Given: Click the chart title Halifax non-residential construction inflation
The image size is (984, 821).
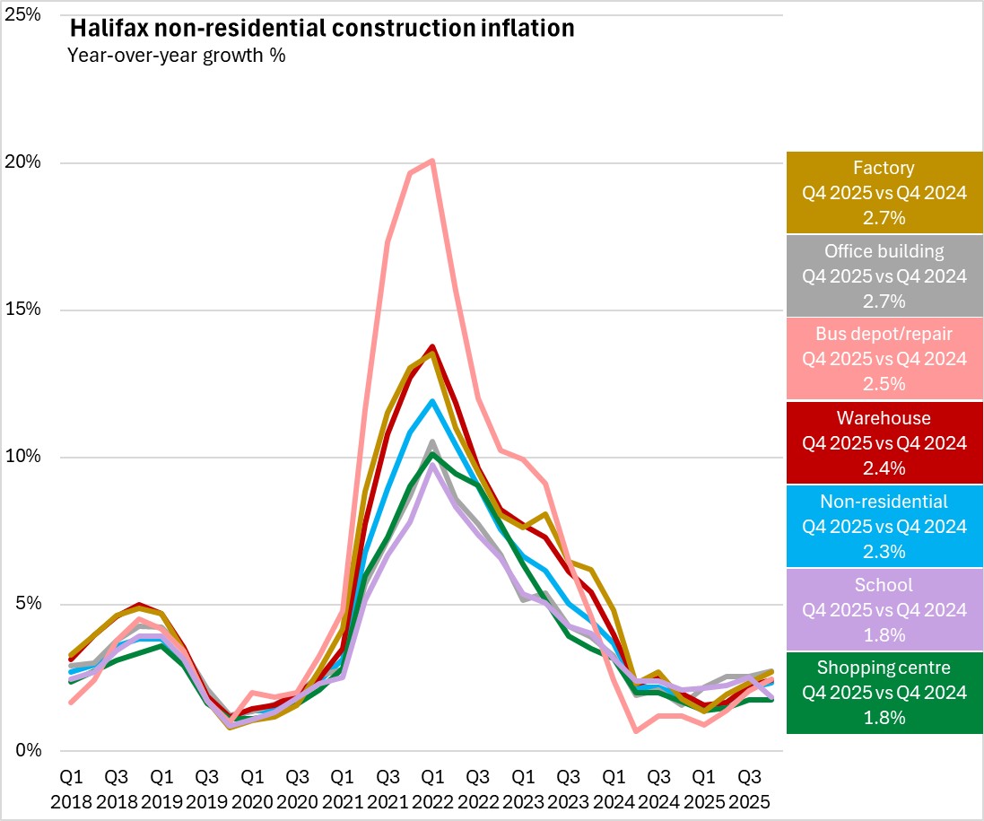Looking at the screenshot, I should click(321, 29).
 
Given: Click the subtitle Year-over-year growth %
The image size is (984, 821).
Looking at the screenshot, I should click(176, 55).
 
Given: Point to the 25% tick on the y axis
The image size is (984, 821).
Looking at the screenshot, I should click(23, 15).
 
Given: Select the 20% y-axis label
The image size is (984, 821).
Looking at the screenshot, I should click(23, 162).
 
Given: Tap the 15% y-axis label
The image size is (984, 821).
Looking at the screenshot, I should click(23, 310).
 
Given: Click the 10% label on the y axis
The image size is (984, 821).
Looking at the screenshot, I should click(23, 457).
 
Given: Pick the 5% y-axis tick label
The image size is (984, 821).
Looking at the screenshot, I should click(27, 604).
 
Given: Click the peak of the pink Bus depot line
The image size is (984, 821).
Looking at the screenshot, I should click(432, 162).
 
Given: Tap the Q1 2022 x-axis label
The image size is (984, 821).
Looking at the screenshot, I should click(432, 785).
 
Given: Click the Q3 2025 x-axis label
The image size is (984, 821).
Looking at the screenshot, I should click(749, 785).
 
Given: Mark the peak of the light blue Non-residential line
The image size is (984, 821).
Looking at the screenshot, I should click(432, 401).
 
